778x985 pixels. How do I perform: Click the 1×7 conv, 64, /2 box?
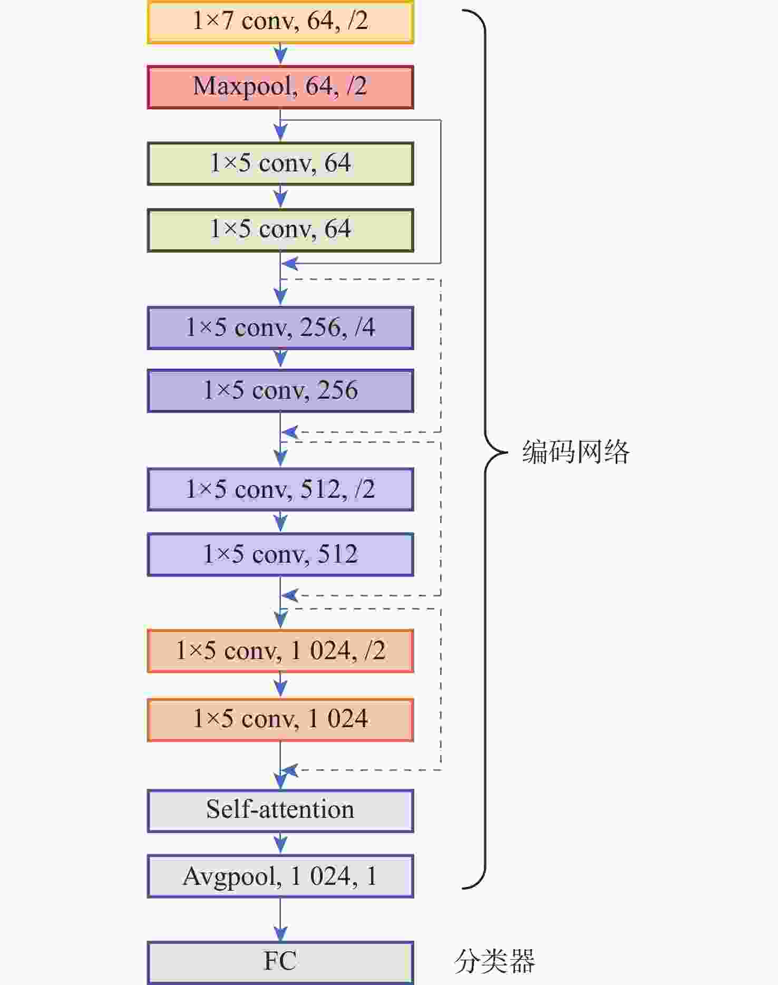280,22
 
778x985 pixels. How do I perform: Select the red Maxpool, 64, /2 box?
280,87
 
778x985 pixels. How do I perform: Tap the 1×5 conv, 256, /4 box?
280,328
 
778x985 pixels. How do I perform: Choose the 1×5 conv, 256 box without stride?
280,391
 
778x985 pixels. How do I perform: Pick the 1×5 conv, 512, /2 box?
280,489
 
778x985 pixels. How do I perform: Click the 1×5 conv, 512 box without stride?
280,555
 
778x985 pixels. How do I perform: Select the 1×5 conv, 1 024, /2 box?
280,651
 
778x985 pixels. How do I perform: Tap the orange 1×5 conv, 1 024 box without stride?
280,720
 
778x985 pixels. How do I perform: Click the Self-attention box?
280,810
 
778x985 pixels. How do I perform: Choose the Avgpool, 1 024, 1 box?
280,876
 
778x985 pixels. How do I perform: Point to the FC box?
280,962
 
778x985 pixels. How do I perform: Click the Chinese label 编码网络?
576,452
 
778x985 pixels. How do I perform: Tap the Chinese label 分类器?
494,961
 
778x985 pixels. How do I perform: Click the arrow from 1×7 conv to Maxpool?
280,54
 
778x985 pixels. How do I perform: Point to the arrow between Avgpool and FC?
280,920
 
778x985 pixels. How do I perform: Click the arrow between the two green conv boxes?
280,197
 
